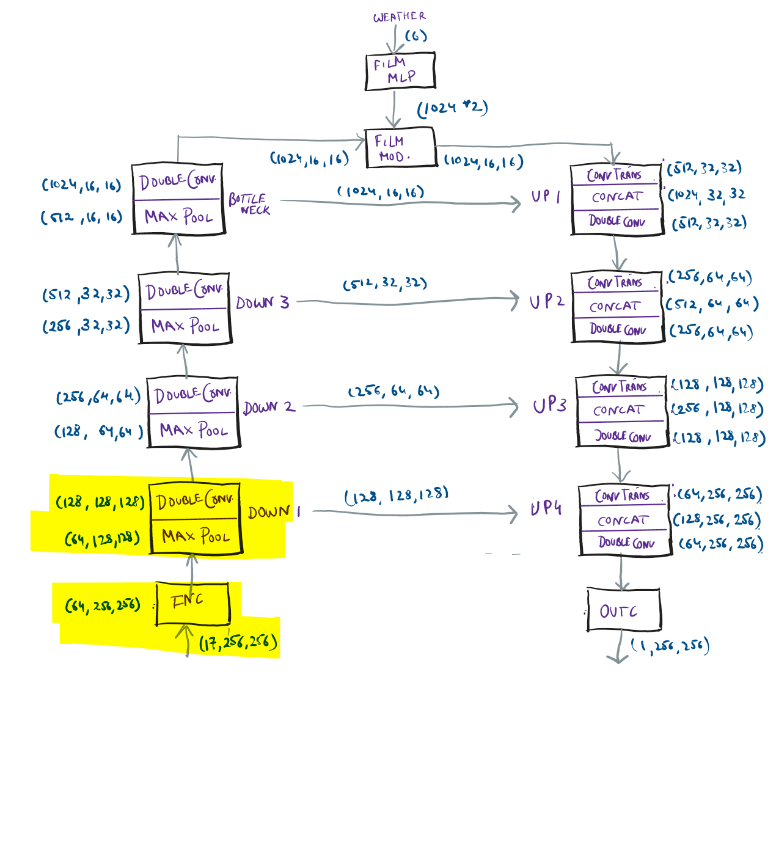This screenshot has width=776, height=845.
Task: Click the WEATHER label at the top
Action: [x=399, y=16]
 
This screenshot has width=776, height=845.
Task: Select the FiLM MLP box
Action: [x=400, y=71]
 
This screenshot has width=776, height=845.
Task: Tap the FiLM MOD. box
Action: [x=400, y=147]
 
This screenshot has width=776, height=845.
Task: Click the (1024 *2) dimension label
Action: [x=452, y=108]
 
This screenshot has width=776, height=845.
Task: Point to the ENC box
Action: [x=192, y=603]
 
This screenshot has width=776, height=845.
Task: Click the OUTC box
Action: [x=623, y=610]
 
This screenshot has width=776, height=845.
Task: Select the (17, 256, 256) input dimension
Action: [x=238, y=643]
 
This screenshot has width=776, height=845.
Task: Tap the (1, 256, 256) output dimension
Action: [x=670, y=646]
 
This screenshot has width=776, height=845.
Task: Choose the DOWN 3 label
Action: [x=262, y=302]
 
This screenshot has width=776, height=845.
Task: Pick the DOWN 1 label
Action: [x=274, y=512]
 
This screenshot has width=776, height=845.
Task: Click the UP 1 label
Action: [x=546, y=196]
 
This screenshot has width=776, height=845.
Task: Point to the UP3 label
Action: [x=549, y=406]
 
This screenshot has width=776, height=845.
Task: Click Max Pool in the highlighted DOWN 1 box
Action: [x=196, y=536]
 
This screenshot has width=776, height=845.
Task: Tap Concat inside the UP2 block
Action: [x=615, y=307]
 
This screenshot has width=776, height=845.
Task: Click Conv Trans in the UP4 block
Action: [x=622, y=496]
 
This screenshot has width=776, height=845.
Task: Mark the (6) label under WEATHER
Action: [x=415, y=36]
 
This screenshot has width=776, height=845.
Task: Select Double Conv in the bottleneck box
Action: [x=177, y=181]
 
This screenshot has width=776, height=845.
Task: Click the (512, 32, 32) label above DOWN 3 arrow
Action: [x=384, y=283]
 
